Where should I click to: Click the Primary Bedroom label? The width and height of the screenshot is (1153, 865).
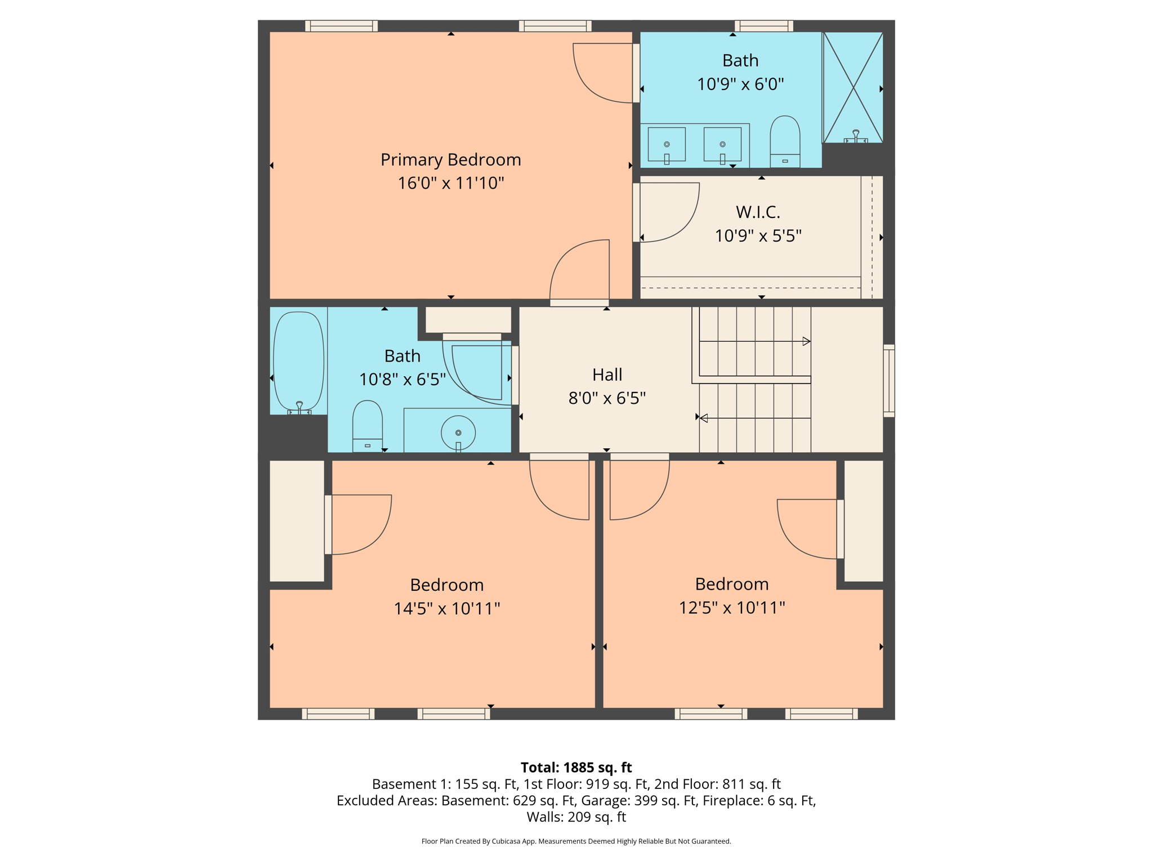(450, 160)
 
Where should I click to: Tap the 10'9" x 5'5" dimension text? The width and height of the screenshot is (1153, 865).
(758, 235)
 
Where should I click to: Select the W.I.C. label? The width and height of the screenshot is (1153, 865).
(758, 212)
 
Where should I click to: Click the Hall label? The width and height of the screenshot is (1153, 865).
(607, 374)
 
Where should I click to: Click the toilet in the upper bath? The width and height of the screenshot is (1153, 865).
(785, 141)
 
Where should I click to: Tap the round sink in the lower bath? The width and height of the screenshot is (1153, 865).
(458, 432)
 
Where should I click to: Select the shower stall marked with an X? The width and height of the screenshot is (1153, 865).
(853, 87)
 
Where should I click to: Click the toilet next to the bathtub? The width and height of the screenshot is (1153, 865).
(367, 425)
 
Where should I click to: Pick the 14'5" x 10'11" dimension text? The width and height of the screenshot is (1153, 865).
(446, 608)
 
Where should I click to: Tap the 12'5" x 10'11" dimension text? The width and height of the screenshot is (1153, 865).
(731, 608)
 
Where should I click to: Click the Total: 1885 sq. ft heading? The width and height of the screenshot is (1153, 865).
(576, 768)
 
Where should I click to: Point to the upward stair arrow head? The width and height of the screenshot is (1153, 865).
(806, 341)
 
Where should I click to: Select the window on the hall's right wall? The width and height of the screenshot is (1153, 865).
(888, 381)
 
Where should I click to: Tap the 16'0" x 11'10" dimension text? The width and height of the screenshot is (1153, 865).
(450, 183)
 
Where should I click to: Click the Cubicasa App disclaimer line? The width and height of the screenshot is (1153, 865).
(576, 841)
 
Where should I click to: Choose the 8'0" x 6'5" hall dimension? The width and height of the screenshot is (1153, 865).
(607, 398)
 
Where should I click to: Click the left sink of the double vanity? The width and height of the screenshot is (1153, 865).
(667, 145)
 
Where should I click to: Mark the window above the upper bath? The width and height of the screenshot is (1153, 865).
(763, 26)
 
